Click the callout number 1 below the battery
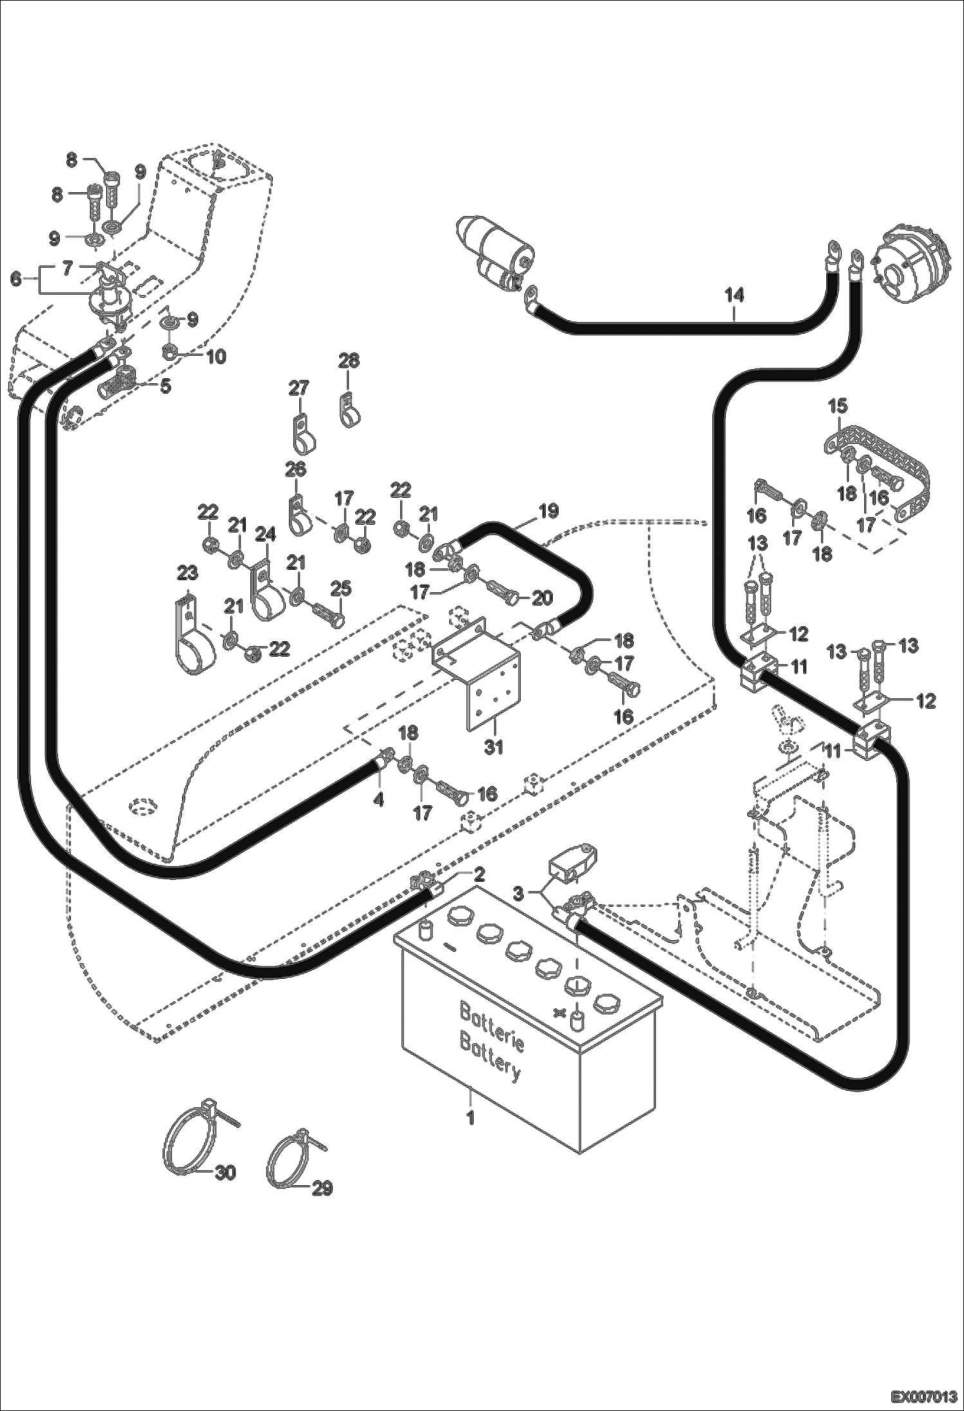click(470, 1118)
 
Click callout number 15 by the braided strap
click(838, 406)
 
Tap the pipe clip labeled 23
click(190, 637)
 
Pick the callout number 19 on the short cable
click(548, 511)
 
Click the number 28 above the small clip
click(349, 361)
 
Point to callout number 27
click(299, 388)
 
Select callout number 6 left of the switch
click(15, 277)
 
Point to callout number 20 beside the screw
click(542, 597)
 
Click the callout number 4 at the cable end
click(379, 799)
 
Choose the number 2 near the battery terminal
click(479, 873)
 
